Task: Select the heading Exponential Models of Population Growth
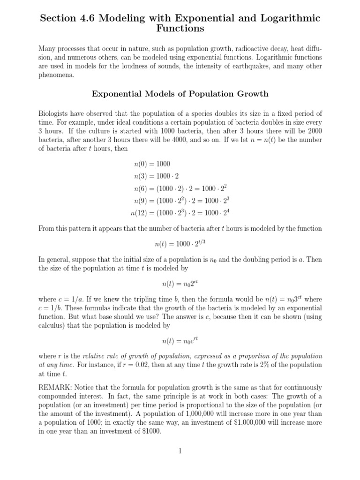coord(180,94)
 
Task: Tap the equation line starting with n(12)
coord(180,213)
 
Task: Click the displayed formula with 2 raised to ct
coord(180,283)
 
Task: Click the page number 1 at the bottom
coord(180,451)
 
